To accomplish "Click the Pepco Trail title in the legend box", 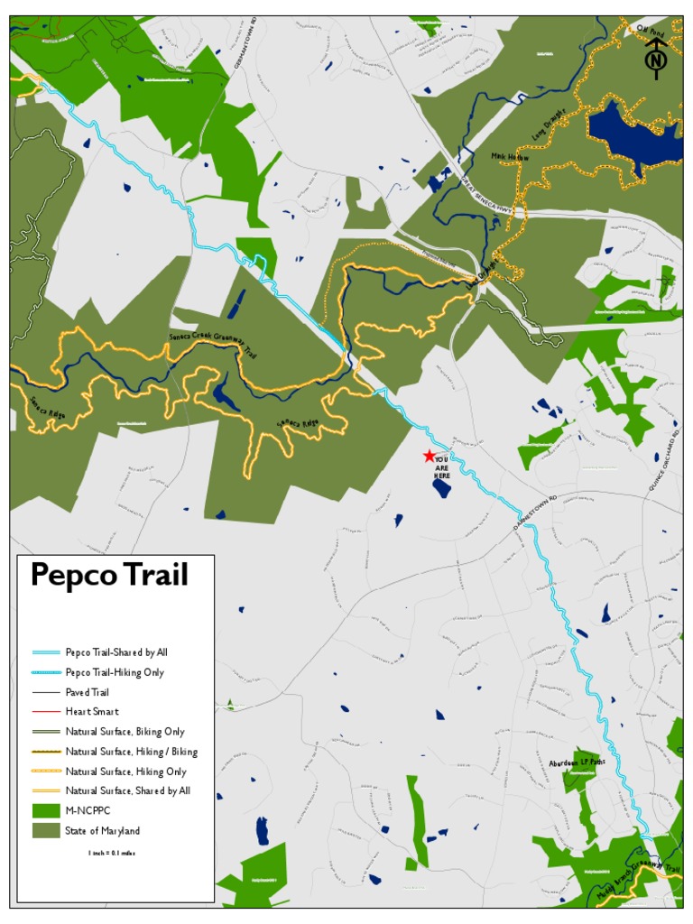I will click(109, 575).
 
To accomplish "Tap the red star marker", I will click(430, 457).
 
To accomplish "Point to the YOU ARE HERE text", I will click(441, 467).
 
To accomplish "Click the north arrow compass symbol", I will click(656, 56).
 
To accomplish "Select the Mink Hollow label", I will click(510, 157).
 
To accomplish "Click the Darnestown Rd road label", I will click(536, 511).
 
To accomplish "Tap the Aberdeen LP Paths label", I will click(576, 762).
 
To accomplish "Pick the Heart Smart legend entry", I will click(92, 712).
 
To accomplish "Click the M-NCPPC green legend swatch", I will click(45, 811).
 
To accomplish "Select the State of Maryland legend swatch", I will click(45, 831).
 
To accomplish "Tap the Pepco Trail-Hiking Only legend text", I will click(115, 672).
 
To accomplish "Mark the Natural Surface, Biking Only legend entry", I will click(125, 732).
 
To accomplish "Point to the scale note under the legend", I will click(112, 853).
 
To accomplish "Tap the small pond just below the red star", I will click(442, 488).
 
